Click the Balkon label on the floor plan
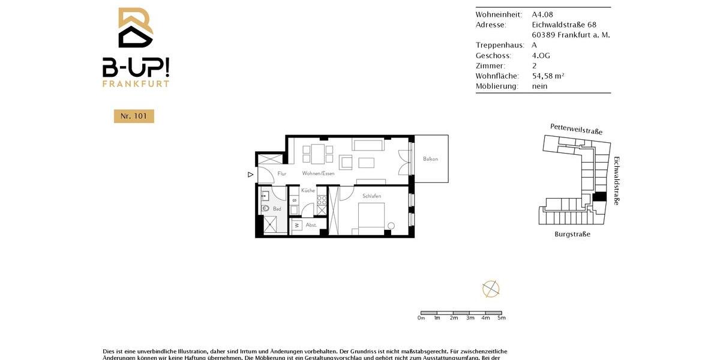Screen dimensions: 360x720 point(430,159)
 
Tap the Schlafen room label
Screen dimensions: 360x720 point(372,196)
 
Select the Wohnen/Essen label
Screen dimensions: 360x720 point(318,173)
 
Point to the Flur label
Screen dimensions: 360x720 point(282,173)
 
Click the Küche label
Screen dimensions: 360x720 point(308,190)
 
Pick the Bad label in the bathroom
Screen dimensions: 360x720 point(277,209)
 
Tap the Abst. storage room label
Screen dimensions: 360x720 point(311,225)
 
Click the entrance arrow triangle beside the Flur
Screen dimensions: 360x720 point(250,175)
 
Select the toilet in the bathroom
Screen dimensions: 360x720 point(265,208)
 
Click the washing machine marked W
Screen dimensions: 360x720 point(296,225)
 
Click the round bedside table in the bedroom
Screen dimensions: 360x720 point(391,226)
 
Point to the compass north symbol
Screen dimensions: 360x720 point(491,289)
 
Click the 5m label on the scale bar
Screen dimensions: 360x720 point(502,318)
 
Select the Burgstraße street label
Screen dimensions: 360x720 point(572,234)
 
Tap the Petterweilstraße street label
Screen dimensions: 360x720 point(576,129)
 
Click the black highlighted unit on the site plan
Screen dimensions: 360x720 point(599,197)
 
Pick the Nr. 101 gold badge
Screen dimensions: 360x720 point(134,116)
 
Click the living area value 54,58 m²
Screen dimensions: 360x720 point(548,76)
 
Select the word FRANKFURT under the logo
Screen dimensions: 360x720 point(136,84)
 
